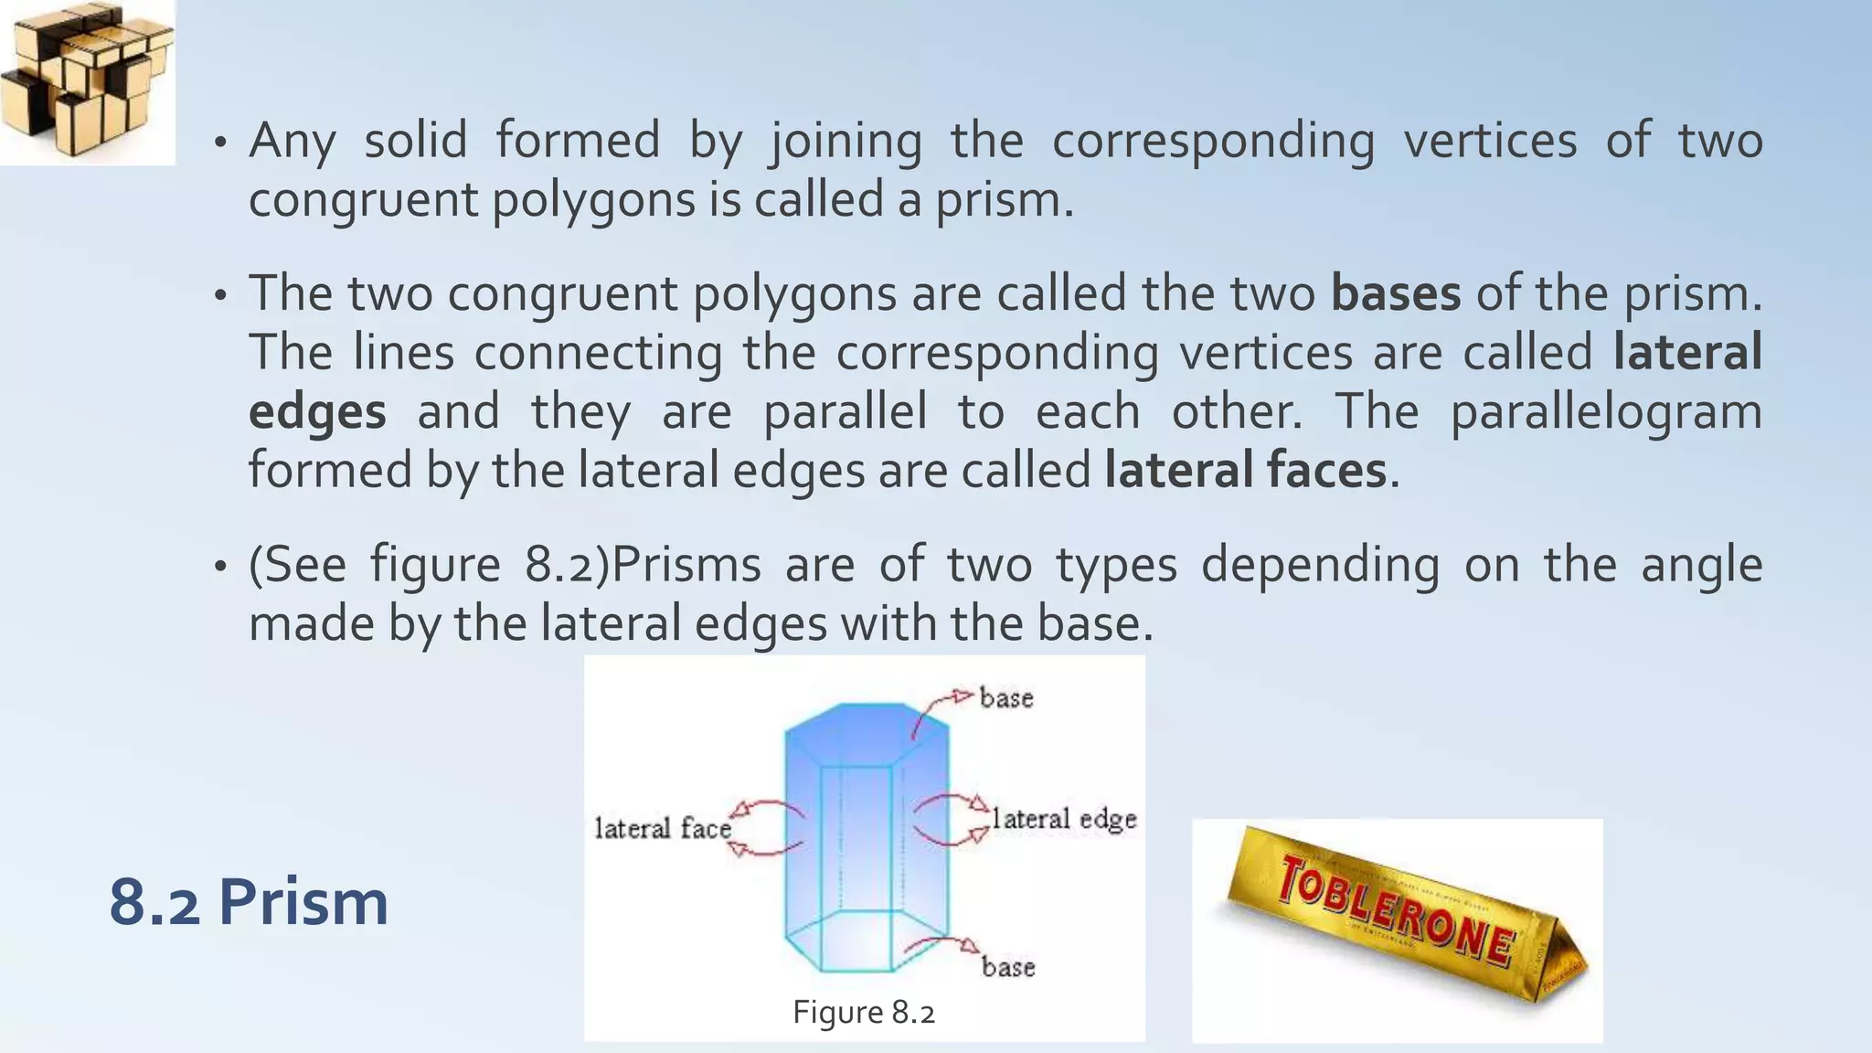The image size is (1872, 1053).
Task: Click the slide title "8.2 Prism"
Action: click(x=249, y=902)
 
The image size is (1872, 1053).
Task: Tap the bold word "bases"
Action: click(x=1395, y=293)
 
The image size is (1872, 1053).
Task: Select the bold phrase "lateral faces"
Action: click(x=1245, y=471)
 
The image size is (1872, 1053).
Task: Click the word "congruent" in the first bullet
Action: click(x=363, y=200)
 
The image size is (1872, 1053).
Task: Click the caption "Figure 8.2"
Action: click(x=864, y=1013)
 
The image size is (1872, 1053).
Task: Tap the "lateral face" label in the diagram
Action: click(x=663, y=828)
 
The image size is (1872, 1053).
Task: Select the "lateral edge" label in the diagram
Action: click(x=1064, y=819)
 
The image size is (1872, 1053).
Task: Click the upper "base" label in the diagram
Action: click(x=1006, y=698)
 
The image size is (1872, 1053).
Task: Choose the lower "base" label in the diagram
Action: click(x=1008, y=967)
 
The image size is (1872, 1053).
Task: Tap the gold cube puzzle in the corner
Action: click(x=87, y=80)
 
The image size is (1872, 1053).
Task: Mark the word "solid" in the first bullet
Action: click(x=416, y=142)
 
